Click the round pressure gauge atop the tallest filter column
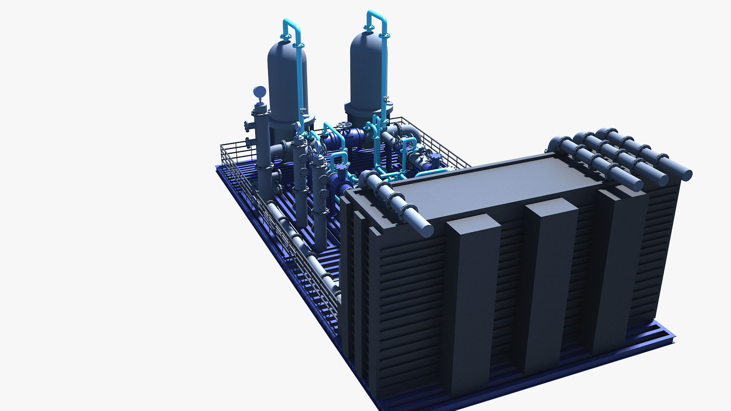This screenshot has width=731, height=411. click(x=259, y=91)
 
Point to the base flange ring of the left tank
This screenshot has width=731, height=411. click(x=291, y=122)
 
